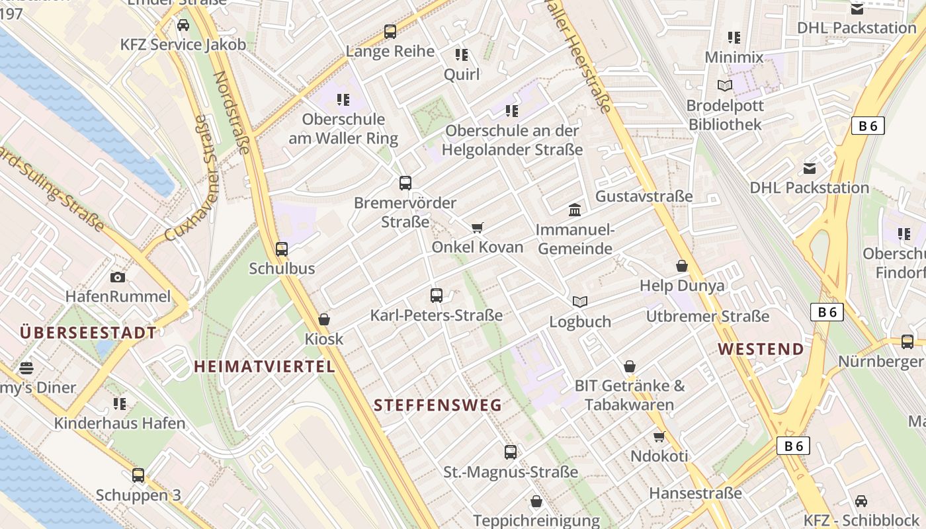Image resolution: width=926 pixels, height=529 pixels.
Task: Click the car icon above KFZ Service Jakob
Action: (x=183, y=25)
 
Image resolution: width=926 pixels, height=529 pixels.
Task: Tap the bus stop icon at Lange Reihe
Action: (x=390, y=31)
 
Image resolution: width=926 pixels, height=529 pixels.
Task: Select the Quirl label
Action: (x=462, y=74)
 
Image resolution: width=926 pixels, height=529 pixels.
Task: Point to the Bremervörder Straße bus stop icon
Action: (x=405, y=183)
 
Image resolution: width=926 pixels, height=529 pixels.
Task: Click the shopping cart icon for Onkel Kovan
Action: (x=477, y=227)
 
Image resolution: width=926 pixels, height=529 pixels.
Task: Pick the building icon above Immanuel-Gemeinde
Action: (x=575, y=210)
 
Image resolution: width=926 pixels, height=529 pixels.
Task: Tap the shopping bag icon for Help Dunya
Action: (x=682, y=266)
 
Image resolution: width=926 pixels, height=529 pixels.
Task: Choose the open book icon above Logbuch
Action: (x=580, y=302)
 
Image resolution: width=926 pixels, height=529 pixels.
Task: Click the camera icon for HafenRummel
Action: (x=118, y=277)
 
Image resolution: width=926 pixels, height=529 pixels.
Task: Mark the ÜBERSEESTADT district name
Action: (x=89, y=333)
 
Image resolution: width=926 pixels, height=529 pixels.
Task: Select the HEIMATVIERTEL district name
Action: (x=265, y=366)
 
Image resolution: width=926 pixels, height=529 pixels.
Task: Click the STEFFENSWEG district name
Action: (x=438, y=405)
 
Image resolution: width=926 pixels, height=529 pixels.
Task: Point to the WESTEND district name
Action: (x=761, y=348)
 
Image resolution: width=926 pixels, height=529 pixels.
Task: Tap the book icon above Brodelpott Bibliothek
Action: (x=725, y=85)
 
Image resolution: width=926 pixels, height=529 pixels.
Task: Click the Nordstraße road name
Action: (x=232, y=112)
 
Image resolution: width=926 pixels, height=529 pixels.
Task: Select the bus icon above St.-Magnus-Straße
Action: (x=511, y=452)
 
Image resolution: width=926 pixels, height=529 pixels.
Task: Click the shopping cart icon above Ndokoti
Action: (x=659, y=436)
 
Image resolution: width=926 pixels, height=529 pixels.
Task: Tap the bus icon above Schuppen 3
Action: (x=138, y=475)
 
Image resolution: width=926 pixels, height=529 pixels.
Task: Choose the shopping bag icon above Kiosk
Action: (x=324, y=319)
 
